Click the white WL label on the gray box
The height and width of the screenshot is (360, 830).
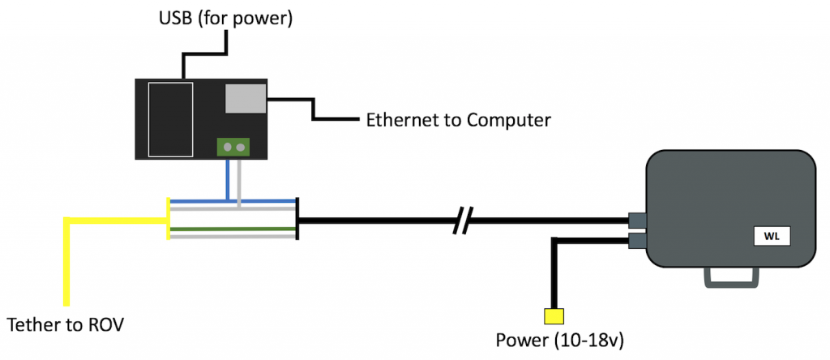(x=770, y=238)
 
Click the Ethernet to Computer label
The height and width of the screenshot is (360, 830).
(x=459, y=121)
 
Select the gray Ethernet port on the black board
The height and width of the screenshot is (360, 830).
(x=246, y=99)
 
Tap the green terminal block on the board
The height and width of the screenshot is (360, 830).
(x=232, y=148)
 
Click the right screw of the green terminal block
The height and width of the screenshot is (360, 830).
(x=239, y=148)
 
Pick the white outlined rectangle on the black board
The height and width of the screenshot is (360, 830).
(x=171, y=118)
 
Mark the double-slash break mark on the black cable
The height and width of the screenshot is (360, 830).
(x=463, y=219)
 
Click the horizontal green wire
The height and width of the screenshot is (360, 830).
(x=232, y=229)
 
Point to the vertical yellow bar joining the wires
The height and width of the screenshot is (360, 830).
(x=168, y=219)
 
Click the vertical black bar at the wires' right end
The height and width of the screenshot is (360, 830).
(x=297, y=219)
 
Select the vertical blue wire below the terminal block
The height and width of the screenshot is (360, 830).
(x=228, y=178)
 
